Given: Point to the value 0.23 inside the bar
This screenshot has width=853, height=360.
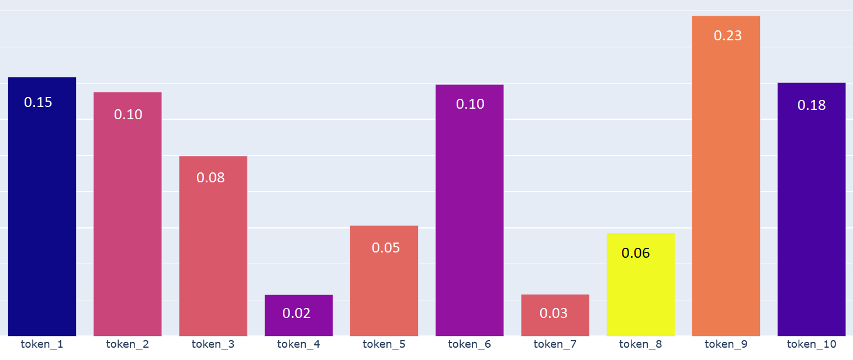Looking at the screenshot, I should coord(728,36).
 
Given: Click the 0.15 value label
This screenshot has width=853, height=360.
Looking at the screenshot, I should coord(38,102).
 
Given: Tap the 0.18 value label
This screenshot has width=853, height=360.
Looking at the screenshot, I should coord(811,105).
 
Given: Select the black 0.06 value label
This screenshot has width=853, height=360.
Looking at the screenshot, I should coord(636,253).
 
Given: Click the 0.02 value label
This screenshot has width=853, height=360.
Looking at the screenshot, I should coord(296,313).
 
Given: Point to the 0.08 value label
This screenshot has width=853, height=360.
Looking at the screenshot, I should coord(210,178).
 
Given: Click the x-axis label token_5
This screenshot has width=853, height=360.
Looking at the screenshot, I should coord(384,344).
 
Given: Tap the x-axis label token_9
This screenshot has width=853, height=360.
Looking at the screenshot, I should coord(726,344).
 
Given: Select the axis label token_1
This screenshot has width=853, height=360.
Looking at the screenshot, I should coord(42,344).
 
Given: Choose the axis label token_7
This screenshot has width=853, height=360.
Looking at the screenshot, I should coord(555,344).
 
